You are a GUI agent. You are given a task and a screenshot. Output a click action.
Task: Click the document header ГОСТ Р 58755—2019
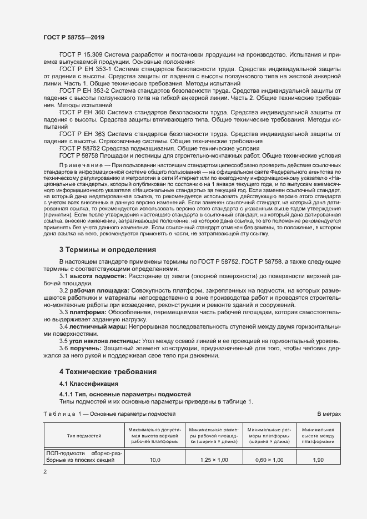pyautogui.click(x=74, y=37)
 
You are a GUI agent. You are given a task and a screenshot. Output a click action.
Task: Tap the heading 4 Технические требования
pyautogui.click(x=108, y=371)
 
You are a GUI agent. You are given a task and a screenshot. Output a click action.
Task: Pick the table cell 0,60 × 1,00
pyautogui.click(x=269, y=460)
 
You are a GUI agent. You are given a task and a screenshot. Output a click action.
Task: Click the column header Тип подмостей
pyautogui.click(x=84, y=436)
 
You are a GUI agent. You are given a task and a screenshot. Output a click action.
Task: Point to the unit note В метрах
pyautogui.click(x=328, y=414)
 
